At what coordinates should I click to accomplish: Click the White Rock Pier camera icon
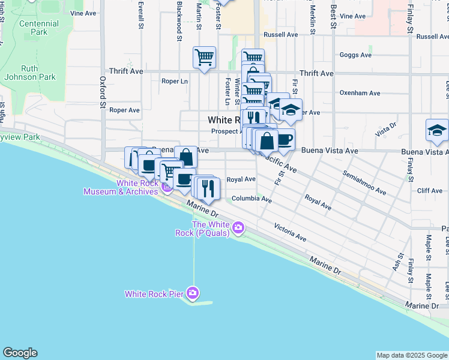193,293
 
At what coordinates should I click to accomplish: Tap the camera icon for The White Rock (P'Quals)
238,227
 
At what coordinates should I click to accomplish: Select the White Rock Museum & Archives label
120,187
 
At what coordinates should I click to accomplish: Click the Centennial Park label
39,28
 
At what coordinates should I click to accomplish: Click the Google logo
20,353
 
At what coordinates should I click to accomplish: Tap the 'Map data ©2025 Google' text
411,355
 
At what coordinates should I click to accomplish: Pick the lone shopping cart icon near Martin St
204,58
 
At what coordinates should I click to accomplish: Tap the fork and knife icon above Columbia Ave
209,189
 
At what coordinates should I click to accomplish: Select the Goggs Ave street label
355,55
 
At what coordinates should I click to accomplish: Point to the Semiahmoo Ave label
364,182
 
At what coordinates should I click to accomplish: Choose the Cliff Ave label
429,191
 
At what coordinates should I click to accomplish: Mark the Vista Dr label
385,129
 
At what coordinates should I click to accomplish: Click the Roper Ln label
174,81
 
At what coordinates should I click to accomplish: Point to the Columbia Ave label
252,199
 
